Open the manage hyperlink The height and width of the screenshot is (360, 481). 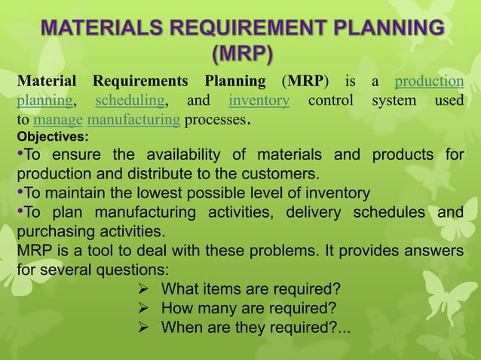(x=59, y=119)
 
